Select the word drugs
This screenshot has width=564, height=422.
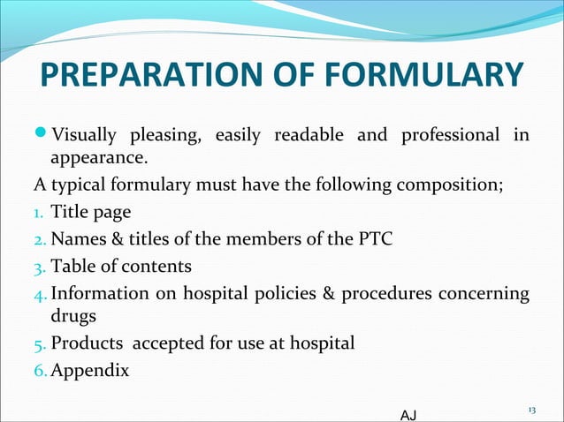[x=76, y=316]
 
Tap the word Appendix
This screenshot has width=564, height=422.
[x=89, y=370]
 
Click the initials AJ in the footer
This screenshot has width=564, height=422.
[x=408, y=413]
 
